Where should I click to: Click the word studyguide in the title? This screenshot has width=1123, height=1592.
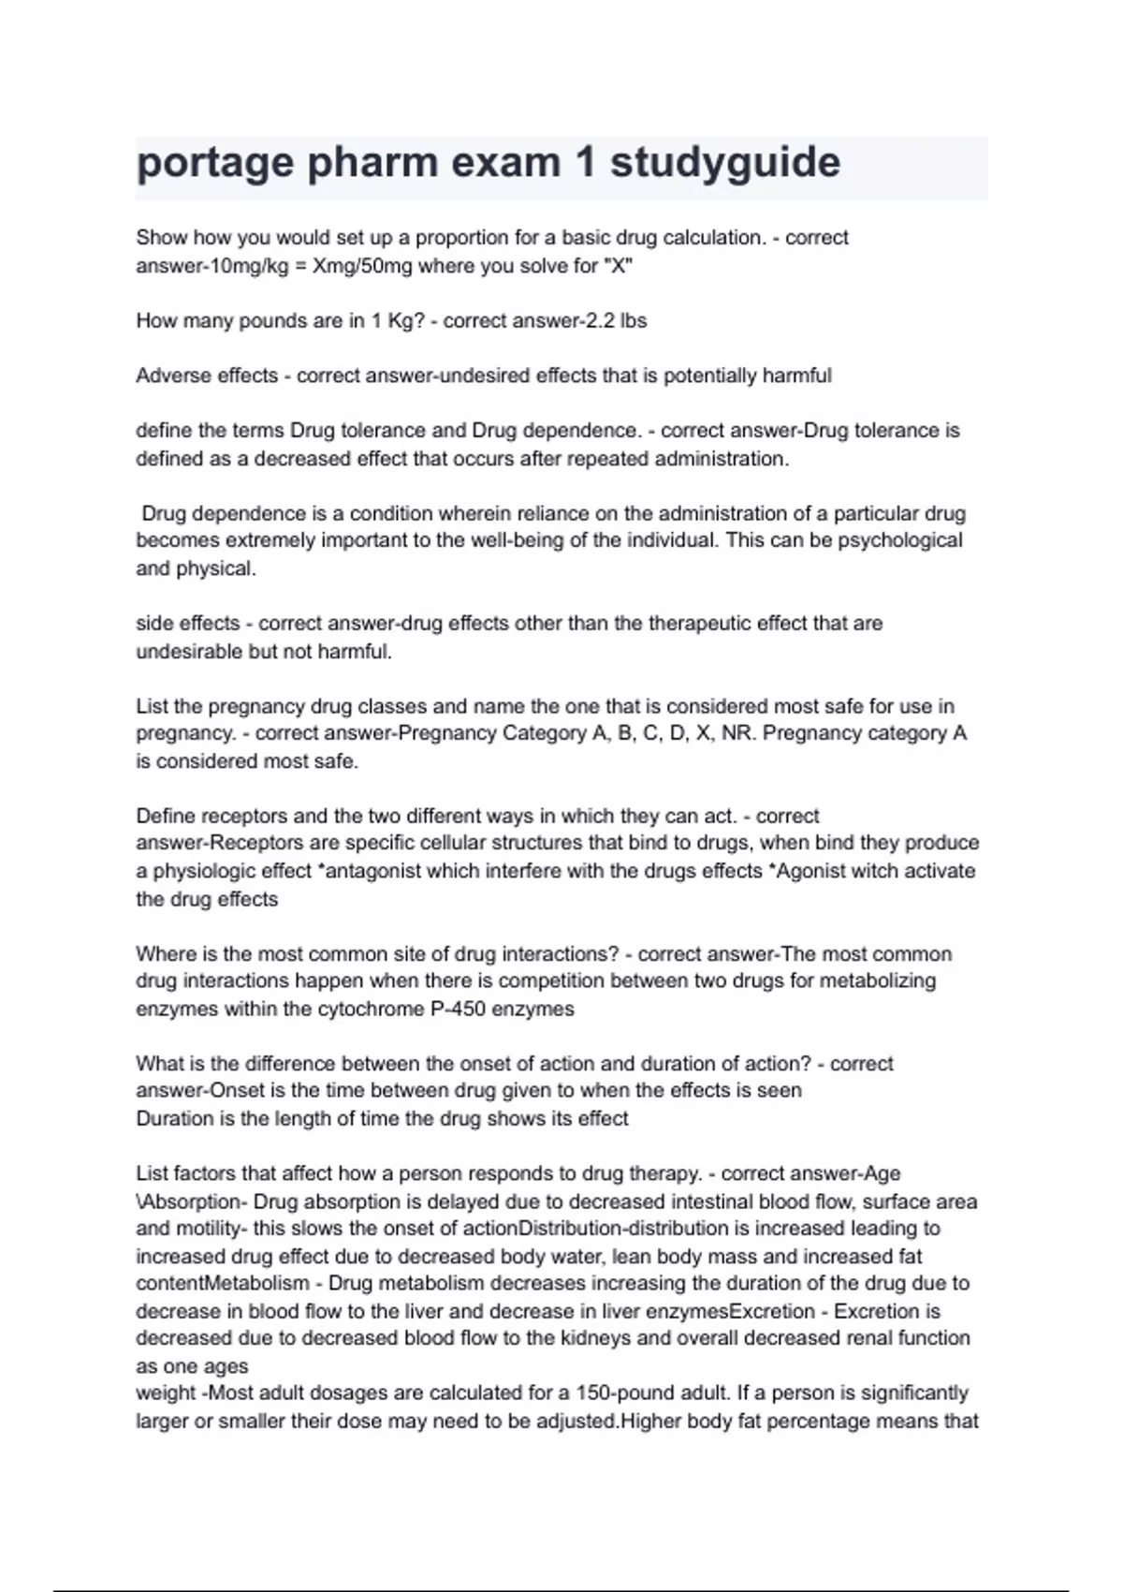pos(725,163)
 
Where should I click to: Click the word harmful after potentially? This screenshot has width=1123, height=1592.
pos(796,376)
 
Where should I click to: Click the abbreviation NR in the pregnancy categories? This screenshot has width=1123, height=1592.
pos(737,733)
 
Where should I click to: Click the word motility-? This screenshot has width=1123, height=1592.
pos(208,1229)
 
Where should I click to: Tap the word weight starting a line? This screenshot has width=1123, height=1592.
pos(165,1393)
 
